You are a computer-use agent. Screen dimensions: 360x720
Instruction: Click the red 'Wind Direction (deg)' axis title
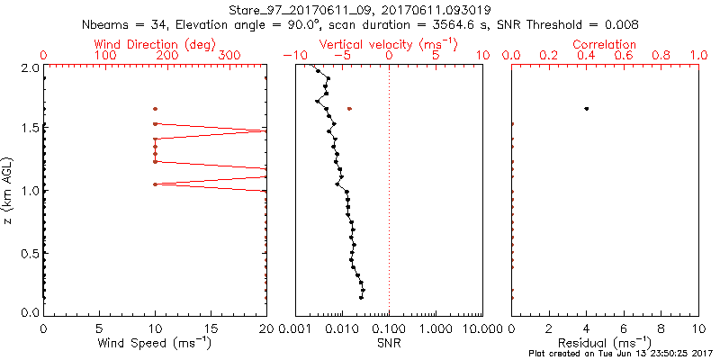click(x=154, y=44)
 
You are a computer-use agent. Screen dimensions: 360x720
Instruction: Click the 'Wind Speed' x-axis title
click(x=154, y=343)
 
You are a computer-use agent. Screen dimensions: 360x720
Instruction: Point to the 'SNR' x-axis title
click(x=390, y=343)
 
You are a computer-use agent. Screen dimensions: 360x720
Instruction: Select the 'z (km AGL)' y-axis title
click(x=9, y=191)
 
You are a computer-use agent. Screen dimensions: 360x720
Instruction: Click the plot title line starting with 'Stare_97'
click(x=360, y=9)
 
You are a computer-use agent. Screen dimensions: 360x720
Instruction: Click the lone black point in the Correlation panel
click(x=587, y=109)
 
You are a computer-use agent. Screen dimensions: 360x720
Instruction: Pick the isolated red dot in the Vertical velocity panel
click(x=349, y=109)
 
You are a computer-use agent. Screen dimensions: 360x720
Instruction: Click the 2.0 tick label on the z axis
click(x=30, y=67)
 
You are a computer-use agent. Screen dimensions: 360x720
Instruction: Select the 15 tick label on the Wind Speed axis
click(x=211, y=328)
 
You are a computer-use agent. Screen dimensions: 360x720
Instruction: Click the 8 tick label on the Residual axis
click(x=661, y=328)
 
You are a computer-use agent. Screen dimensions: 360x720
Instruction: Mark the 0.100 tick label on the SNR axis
click(x=389, y=328)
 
